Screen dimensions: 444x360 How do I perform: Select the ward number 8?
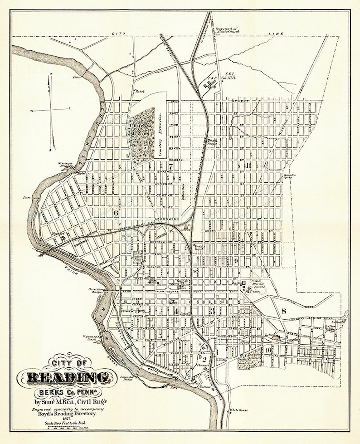point(284,311)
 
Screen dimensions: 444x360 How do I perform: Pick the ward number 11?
point(248,165)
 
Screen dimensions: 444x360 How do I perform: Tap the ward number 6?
point(116,213)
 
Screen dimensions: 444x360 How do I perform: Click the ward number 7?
point(170,166)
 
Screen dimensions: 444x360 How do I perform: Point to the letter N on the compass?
point(51,74)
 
